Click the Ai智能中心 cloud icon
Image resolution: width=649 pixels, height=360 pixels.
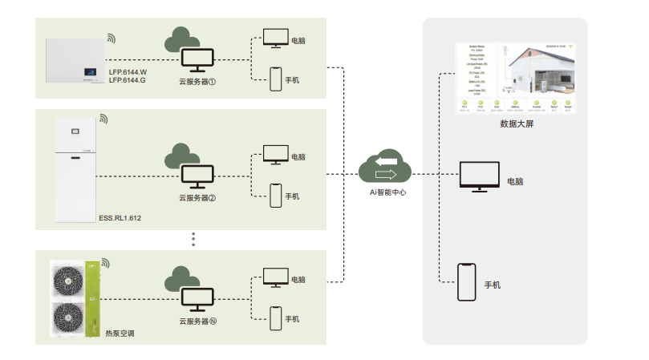pos(385,167)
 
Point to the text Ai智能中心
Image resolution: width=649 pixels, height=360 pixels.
pos(386,192)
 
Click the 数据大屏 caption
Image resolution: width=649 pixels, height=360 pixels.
pos(516,124)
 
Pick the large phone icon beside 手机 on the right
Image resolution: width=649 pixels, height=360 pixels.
pos(466,283)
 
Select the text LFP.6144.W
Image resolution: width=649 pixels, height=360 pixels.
pos(128,71)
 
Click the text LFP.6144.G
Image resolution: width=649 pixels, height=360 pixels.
pos(128,80)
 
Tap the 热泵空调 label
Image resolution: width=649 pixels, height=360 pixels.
pos(120,331)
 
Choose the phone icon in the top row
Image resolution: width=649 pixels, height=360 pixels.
pos(275,78)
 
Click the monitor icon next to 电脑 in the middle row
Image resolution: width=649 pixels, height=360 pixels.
pos(276,153)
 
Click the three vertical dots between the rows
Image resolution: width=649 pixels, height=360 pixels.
pos(194,238)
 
